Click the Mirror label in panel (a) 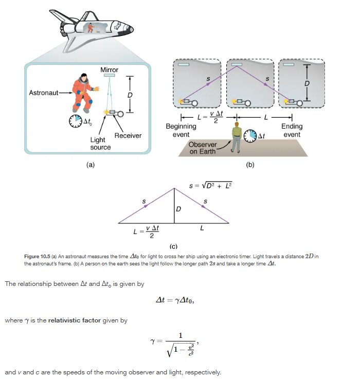pos(109,69)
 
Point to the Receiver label pos(128,135)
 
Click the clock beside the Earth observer pos(250,136)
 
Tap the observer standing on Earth pos(236,136)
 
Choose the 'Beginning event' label pos(181,130)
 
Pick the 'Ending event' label pos(292,130)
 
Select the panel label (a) pos(91,166)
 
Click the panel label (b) pos(250,166)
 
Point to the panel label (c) pos(173,247)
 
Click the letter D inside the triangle pos(178,209)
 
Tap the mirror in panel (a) pos(109,76)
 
